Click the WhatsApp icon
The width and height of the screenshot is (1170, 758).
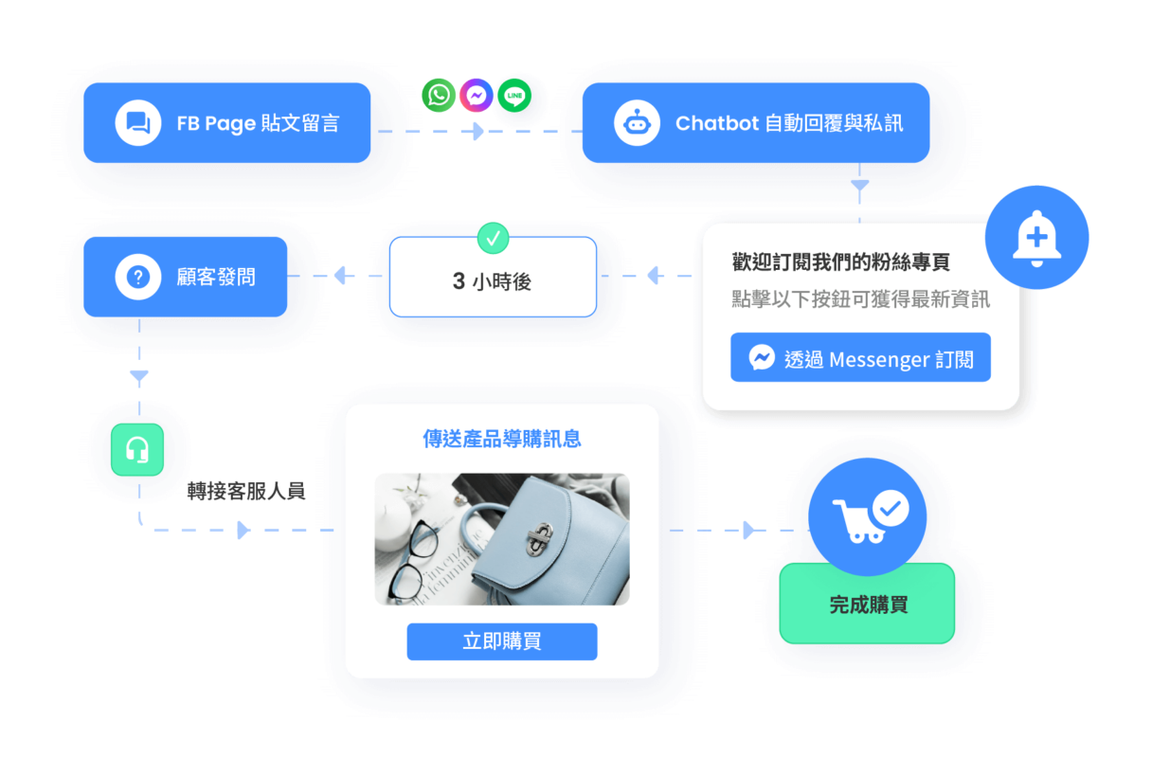tap(439, 95)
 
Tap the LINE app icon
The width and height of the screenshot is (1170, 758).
tap(514, 95)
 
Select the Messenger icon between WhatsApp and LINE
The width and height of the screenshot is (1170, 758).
tap(477, 95)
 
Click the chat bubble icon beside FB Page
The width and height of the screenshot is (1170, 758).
tap(138, 123)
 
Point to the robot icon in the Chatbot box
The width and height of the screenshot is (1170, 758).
tap(637, 123)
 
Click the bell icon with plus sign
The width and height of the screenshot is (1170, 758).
tap(1036, 238)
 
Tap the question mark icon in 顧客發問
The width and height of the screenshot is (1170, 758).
tap(138, 277)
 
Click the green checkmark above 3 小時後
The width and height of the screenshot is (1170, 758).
tap(493, 238)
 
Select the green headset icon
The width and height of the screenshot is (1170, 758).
tap(137, 449)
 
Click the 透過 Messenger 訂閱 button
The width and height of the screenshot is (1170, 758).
tap(860, 357)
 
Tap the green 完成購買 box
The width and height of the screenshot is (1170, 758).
tap(867, 604)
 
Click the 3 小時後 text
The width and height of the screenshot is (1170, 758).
tap(492, 281)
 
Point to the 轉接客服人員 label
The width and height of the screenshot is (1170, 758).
tap(246, 491)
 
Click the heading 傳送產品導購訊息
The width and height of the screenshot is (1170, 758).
tap(501, 439)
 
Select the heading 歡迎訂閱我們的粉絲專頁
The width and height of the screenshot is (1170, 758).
tap(840, 262)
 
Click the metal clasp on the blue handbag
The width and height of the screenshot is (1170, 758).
tap(539, 538)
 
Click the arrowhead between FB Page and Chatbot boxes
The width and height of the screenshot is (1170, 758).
tap(477, 131)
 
